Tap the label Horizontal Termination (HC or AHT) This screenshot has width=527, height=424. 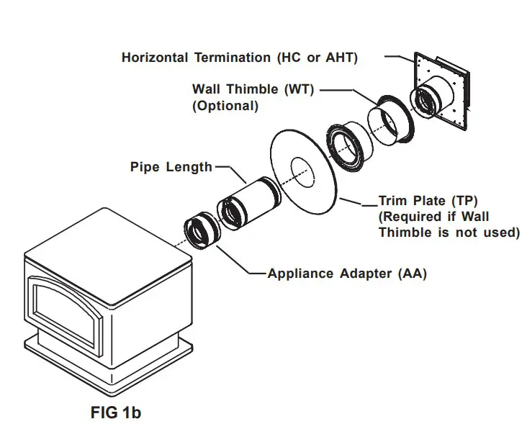(x=239, y=57)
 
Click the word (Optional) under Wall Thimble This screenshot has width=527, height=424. (x=225, y=105)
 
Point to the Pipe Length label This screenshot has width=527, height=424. (x=171, y=167)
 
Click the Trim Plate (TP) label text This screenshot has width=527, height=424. (x=428, y=201)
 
